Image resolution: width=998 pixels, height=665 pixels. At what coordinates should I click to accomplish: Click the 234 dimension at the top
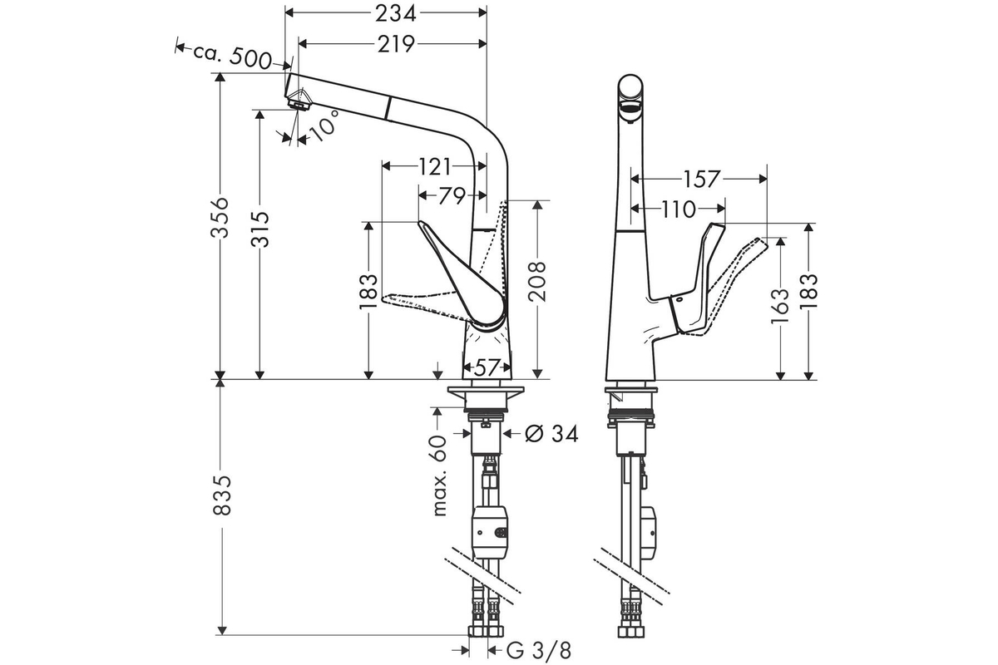395,13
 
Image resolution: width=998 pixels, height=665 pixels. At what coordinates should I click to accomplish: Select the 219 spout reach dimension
396,44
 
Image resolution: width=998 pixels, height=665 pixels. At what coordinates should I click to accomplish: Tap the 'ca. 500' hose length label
232,57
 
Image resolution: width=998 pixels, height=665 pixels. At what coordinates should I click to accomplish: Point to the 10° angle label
324,126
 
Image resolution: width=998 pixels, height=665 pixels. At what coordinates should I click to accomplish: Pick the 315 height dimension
260,229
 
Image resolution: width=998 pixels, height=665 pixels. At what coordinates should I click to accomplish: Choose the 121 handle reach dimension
434,167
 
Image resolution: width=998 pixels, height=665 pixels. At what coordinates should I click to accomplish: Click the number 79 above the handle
452,195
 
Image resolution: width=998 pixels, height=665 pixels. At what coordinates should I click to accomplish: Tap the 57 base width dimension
486,367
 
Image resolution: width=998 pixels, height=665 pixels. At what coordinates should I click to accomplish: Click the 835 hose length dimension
221,495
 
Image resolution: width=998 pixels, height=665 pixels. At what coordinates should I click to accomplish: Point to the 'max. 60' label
439,475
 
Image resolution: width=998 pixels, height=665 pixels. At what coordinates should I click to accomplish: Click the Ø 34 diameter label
551,433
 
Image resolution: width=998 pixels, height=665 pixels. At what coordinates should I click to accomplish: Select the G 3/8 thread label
538,651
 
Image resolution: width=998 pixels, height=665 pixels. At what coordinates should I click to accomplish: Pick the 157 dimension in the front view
701,179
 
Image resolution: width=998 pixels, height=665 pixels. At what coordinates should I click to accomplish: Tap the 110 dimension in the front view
678,209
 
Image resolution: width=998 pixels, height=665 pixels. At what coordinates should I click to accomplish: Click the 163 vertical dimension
780,306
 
